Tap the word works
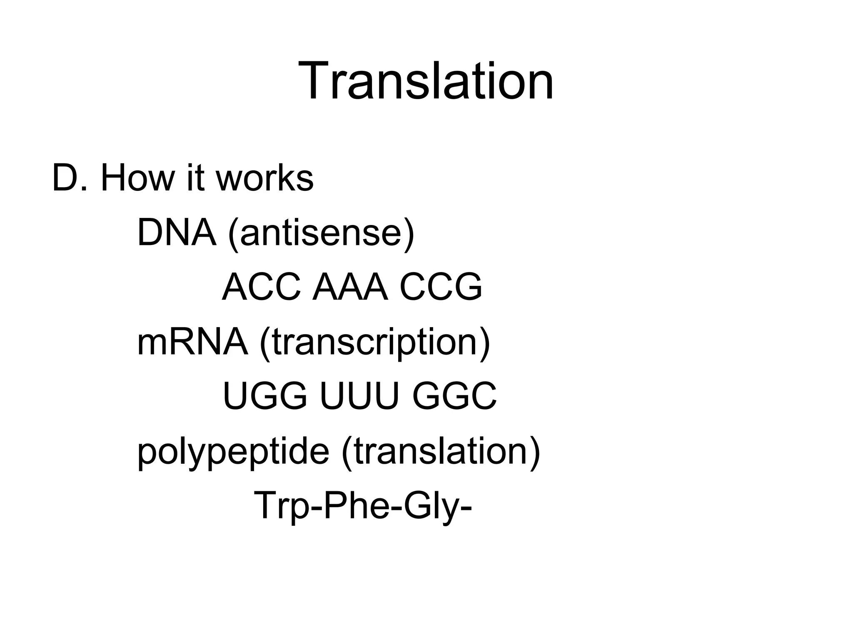point(264,178)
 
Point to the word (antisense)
point(321,233)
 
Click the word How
point(137,178)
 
